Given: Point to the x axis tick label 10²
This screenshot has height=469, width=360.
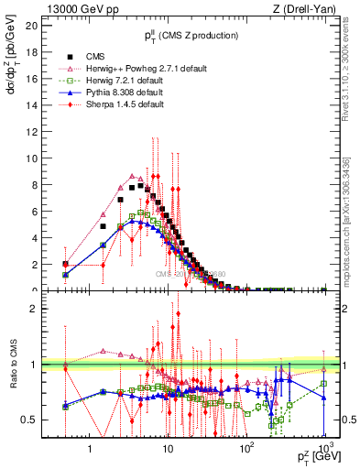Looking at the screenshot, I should click(245, 449).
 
